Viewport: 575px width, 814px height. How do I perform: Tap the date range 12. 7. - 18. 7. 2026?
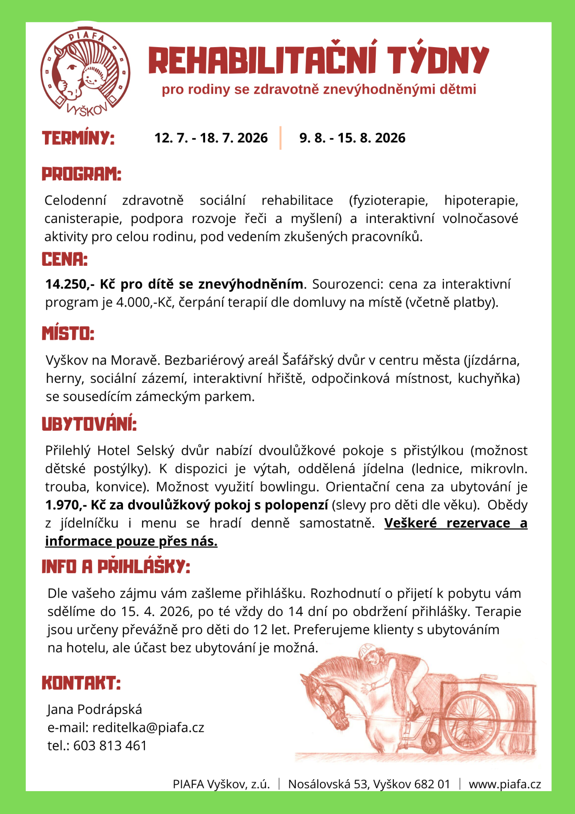point(211,138)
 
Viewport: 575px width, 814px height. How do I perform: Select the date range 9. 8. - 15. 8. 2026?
point(352,138)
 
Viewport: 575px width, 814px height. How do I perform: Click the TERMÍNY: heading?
point(78,138)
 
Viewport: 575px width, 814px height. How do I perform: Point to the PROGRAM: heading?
point(81,174)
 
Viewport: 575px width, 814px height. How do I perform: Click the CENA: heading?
point(65,259)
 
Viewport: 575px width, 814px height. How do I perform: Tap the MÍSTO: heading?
point(68,334)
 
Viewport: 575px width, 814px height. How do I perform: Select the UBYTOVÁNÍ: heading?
point(89,424)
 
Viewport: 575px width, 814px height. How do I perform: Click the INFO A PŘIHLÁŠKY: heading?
point(116,567)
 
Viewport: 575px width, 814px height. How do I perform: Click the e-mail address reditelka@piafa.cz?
point(148,728)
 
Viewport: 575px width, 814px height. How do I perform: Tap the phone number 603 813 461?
point(110,746)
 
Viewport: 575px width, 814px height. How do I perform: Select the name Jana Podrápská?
point(94,709)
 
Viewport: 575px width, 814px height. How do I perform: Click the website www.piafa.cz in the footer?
point(505,784)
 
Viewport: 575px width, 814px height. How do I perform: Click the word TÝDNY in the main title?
point(438,61)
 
